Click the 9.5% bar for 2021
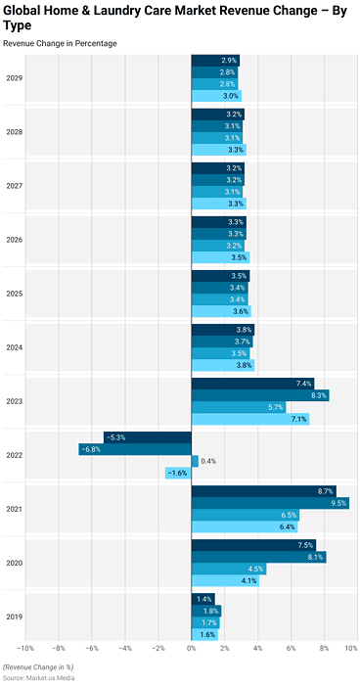tap(269, 503)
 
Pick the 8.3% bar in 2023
tap(259, 395)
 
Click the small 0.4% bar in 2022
tap(195, 461)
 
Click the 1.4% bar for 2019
tap(202, 599)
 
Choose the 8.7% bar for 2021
tap(263, 491)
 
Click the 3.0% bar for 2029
tap(215, 96)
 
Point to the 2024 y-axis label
tap(15, 347)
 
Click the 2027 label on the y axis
tap(15, 186)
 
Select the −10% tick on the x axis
tap(24, 649)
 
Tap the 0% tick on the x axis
tap(191, 649)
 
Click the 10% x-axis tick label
tap(351, 649)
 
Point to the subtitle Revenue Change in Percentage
tap(60, 44)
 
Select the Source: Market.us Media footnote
tap(40, 676)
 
